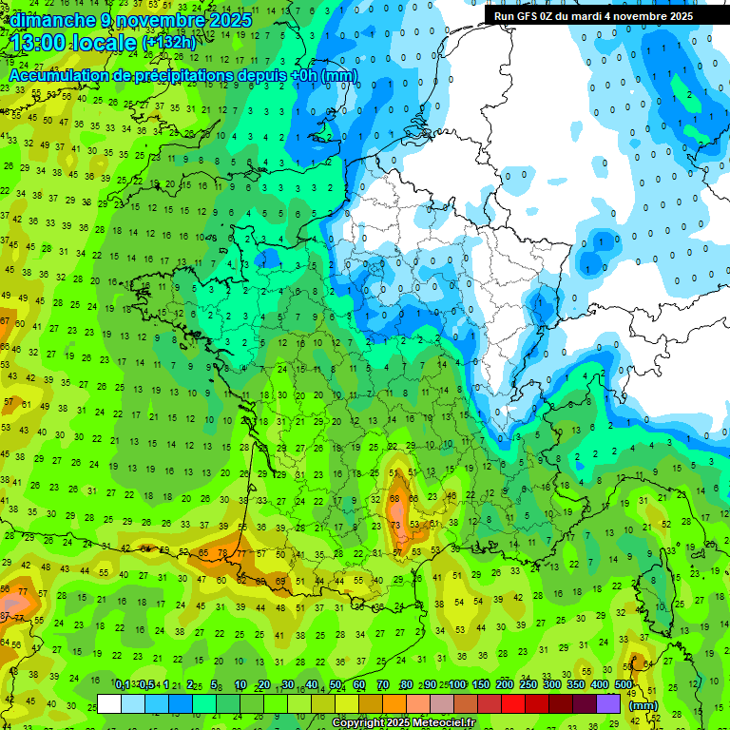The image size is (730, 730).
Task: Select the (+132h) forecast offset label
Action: coord(169,44)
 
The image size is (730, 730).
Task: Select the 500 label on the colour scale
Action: coord(623,685)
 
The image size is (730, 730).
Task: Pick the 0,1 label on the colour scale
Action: coord(123,685)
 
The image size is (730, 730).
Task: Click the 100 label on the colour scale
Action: coord(457,685)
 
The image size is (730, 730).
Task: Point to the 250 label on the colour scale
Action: coord(528,685)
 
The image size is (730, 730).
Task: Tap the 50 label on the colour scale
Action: coord(336,685)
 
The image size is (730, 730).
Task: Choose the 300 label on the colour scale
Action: coord(551,685)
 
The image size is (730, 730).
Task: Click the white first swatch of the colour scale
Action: coord(109,704)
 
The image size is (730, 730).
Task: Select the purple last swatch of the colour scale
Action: coord(608,704)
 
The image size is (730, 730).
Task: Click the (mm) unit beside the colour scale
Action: coord(644,705)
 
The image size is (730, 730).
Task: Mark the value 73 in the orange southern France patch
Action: coord(395,526)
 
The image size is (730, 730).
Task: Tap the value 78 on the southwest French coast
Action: coord(222,552)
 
